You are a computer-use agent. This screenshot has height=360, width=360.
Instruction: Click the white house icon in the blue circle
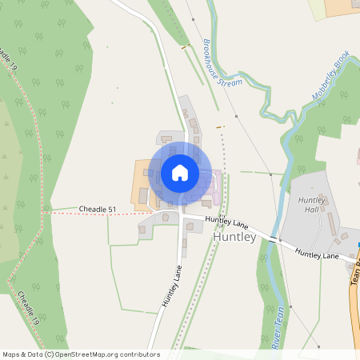tap(179, 173)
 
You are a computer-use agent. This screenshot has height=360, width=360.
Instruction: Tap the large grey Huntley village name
tap(234, 238)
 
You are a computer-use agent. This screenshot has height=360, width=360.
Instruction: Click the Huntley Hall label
tap(308, 205)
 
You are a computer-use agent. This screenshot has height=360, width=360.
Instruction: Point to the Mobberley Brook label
tap(329, 80)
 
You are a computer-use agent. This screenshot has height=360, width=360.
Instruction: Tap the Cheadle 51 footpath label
tap(97, 210)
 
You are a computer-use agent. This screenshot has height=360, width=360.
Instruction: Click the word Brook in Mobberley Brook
tap(341, 62)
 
